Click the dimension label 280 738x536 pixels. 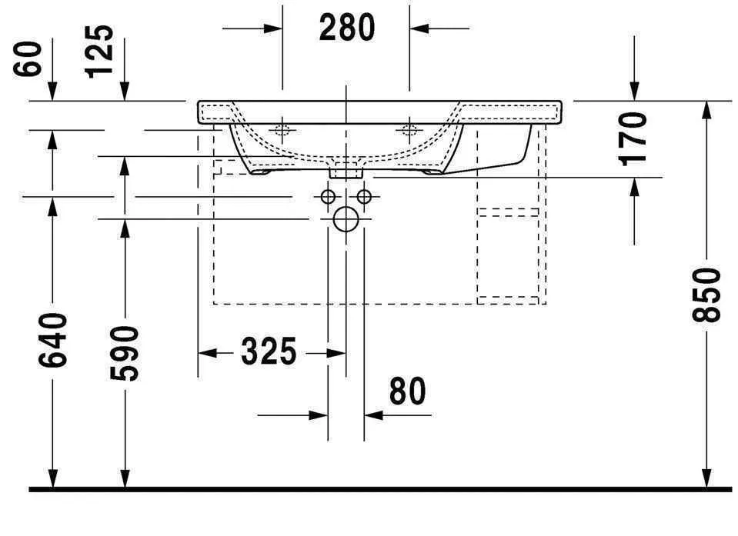346,28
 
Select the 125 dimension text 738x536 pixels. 100,52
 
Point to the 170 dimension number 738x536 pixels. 634,138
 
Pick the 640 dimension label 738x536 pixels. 52,340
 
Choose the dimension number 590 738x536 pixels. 125,353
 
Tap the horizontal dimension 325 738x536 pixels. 269,352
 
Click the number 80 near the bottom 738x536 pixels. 406,392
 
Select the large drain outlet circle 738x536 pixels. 346,220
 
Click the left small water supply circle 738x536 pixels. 328,197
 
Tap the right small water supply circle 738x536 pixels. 364,197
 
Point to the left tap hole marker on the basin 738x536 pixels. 282,129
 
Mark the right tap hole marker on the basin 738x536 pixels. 409,129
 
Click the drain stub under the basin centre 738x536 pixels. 346,171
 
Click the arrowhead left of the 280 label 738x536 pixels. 274,29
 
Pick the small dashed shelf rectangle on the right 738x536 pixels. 508,212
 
